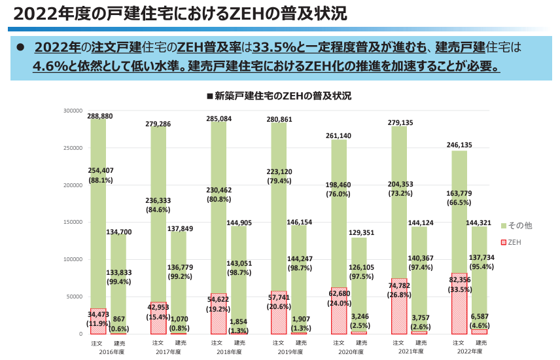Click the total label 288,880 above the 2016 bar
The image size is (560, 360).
[x=99, y=116]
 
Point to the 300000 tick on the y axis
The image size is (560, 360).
[x=73, y=111]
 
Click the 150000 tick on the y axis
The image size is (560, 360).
[x=73, y=223]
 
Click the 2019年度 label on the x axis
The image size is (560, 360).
[x=289, y=351]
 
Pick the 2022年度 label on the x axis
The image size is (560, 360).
[x=469, y=351]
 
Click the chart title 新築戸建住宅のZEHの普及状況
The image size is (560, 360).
[x=279, y=96]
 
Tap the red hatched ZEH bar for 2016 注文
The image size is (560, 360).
[x=98, y=321]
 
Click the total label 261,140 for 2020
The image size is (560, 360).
[x=339, y=136]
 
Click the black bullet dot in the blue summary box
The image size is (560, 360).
[x=20, y=48]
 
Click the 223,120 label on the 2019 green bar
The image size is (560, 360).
[x=279, y=172]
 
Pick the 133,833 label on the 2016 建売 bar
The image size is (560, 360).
[x=119, y=273]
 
